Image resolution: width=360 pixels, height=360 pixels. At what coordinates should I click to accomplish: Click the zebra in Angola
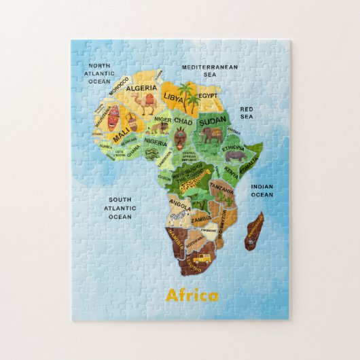(x=179, y=216)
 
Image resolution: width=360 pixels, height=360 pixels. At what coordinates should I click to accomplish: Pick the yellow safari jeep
(x=200, y=259)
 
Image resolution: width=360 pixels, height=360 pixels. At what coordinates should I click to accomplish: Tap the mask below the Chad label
(x=179, y=139)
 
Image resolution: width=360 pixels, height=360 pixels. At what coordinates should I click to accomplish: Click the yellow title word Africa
(x=192, y=295)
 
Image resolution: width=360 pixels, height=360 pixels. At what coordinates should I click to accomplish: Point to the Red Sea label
(x=247, y=112)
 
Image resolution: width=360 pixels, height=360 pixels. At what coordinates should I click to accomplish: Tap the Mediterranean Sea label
(x=209, y=71)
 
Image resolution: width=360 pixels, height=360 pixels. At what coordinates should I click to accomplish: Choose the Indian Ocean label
(x=262, y=191)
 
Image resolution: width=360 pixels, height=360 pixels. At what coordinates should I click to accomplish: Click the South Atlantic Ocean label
(x=120, y=209)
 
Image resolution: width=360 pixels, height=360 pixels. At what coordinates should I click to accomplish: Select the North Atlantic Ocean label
(x=99, y=73)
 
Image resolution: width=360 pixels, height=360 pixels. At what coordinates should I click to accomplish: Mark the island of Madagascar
(x=254, y=231)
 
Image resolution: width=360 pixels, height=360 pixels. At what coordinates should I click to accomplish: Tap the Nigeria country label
(x=155, y=143)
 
